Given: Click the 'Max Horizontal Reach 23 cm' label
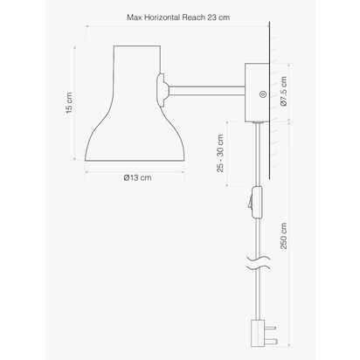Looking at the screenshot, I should pos(179,17).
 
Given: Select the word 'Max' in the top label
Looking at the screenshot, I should pos(135,17).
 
